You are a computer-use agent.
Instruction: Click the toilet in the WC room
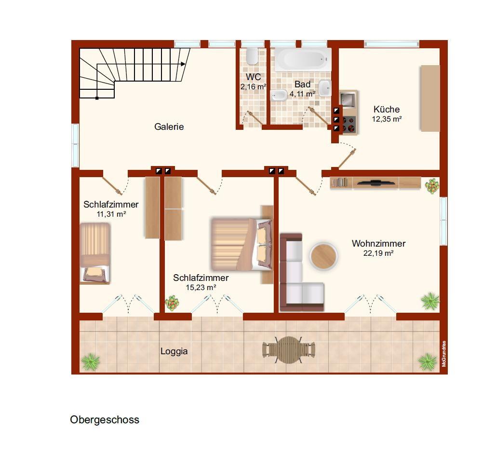(252, 56)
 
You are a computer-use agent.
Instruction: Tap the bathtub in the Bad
(303, 59)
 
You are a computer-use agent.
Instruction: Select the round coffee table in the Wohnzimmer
(323, 256)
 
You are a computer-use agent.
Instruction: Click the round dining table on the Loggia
(288, 350)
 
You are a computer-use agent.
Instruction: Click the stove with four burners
(349, 124)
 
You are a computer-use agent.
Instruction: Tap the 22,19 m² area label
(378, 253)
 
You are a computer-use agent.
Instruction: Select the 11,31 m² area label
(111, 214)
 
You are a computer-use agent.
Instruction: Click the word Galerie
(169, 127)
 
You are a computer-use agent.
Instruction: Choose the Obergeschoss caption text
(105, 420)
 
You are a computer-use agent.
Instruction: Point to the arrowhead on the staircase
(183, 64)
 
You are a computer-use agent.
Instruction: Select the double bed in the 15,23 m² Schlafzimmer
(241, 244)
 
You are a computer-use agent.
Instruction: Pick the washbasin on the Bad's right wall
(324, 88)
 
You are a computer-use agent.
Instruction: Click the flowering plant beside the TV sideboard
(432, 186)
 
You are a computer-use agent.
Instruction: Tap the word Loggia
(174, 351)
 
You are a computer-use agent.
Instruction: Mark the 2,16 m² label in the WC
(253, 87)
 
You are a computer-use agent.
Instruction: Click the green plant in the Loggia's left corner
(91, 361)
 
